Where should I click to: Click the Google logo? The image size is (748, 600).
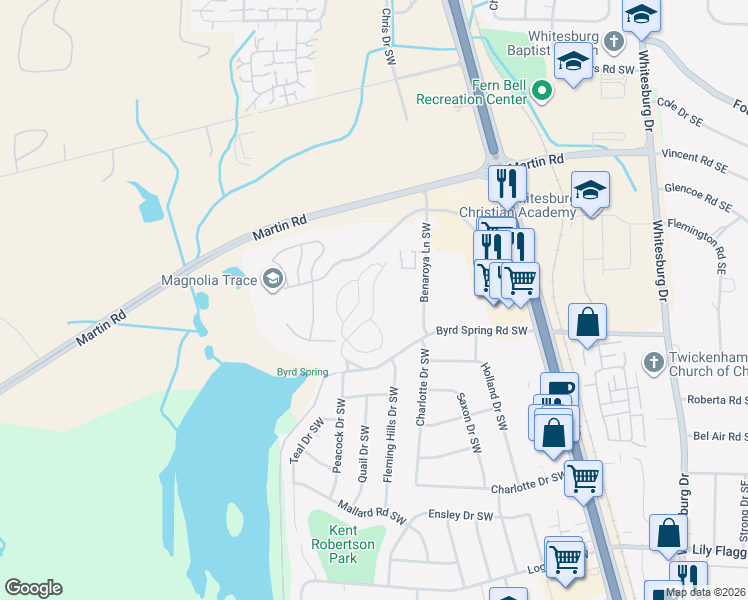pyautogui.click(x=33, y=588)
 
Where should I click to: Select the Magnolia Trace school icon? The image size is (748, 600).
pyautogui.click(x=272, y=281)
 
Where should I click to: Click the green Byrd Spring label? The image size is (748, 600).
pyautogui.click(x=302, y=373)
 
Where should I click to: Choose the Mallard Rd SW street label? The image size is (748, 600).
pyautogui.click(x=371, y=513)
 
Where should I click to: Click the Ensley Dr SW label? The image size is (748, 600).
pyautogui.click(x=457, y=516)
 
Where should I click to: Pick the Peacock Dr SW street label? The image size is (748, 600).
pyautogui.click(x=340, y=435)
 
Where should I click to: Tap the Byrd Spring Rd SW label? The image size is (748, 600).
pyautogui.click(x=480, y=330)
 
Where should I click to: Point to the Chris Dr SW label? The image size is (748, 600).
pyautogui.click(x=386, y=38)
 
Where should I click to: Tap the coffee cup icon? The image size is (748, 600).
pyautogui.click(x=559, y=390)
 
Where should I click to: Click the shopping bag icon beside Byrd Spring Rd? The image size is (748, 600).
pyautogui.click(x=587, y=323)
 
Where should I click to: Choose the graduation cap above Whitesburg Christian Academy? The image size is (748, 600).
pyautogui.click(x=590, y=190)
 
